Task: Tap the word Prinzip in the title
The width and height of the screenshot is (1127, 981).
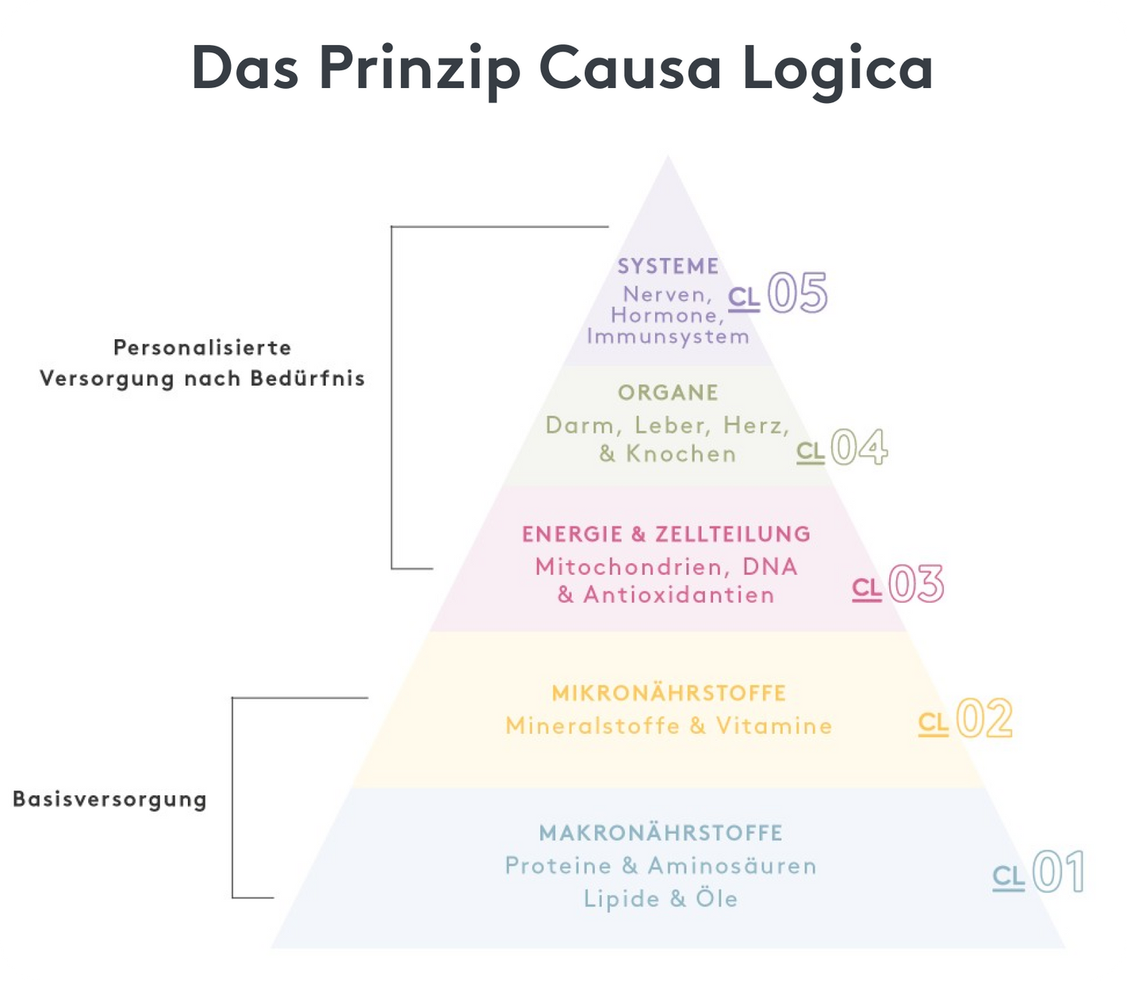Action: pyautogui.click(x=418, y=69)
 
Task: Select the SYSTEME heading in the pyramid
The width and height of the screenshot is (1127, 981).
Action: pyautogui.click(x=668, y=267)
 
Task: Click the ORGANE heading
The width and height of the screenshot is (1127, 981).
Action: pyautogui.click(x=668, y=392)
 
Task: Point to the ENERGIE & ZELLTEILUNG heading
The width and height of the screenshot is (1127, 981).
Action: pyautogui.click(x=666, y=534)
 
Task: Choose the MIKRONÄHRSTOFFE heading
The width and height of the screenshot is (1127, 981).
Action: pyautogui.click(x=668, y=692)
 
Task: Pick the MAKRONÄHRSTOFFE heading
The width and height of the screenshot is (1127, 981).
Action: pyautogui.click(x=661, y=833)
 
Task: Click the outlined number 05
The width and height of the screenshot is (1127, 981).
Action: pyautogui.click(x=797, y=294)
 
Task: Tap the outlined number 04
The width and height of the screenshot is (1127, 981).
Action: pyautogui.click(x=859, y=448)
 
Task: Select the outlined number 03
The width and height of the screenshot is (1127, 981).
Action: pyautogui.click(x=916, y=584)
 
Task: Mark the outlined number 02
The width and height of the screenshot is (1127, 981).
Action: pyautogui.click(x=984, y=719)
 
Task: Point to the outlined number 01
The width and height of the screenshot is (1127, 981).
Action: pyautogui.click(x=1058, y=872)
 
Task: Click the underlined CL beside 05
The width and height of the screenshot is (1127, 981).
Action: pyautogui.click(x=744, y=298)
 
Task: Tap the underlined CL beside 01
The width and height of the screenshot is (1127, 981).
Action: pyautogui.click(x=1008, y=878)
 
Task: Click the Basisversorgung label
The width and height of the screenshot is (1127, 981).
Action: pyautogui.click(x=110, y=799)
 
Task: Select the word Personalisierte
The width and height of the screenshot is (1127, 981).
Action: pyautogui.click(x=202, y=348)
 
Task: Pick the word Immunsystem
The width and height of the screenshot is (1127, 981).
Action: pyautogui.click(x=668, y=337)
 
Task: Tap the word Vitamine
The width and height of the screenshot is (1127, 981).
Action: pyautogui.click(x=774, y=726)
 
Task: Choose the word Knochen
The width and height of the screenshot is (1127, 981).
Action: pyautogui.click(x=681, y=454)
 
